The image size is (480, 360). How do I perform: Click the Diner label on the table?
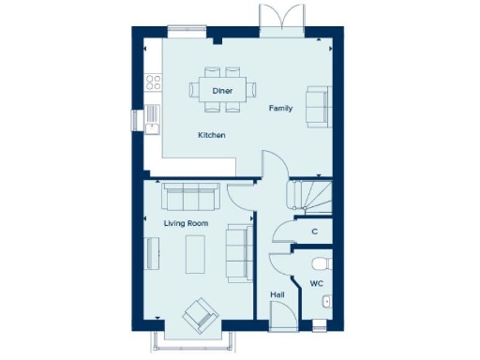[x=222, y=90]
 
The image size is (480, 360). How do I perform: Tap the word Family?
[x=281, y=109]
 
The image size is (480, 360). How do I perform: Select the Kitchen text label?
[x=211, y=136]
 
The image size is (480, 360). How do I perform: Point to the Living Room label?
[x=186, y=224]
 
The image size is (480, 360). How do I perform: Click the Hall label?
[x=277, y=294]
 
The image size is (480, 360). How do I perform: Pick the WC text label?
[x=316, y=281]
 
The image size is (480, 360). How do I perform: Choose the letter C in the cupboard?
[x=314, y=232]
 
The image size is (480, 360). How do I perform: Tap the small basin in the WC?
[x=324, y=301]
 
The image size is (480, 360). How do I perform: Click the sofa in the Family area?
[x=319, y=105]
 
